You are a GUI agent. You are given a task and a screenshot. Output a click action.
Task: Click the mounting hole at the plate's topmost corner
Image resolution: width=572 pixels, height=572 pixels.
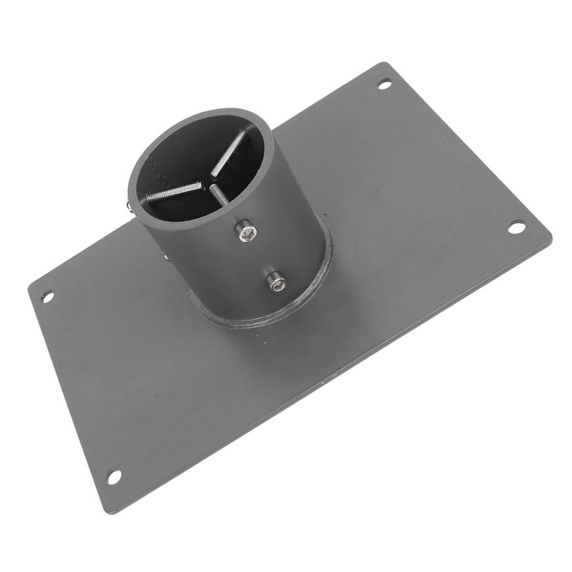pos(384,84)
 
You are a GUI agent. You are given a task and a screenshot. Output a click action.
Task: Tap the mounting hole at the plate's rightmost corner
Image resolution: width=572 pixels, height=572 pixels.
pos(516,227)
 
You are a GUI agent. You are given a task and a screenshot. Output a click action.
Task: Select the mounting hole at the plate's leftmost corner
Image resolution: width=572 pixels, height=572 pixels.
pos(48,297)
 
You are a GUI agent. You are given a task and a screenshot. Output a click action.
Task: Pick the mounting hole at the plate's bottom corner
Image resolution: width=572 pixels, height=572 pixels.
pos(114,476)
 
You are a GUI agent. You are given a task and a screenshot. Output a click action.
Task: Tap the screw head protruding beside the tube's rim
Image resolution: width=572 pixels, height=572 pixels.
pos(130,207)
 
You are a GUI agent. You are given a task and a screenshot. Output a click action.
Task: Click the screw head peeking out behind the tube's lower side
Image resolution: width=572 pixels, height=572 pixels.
pos(166,255)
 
